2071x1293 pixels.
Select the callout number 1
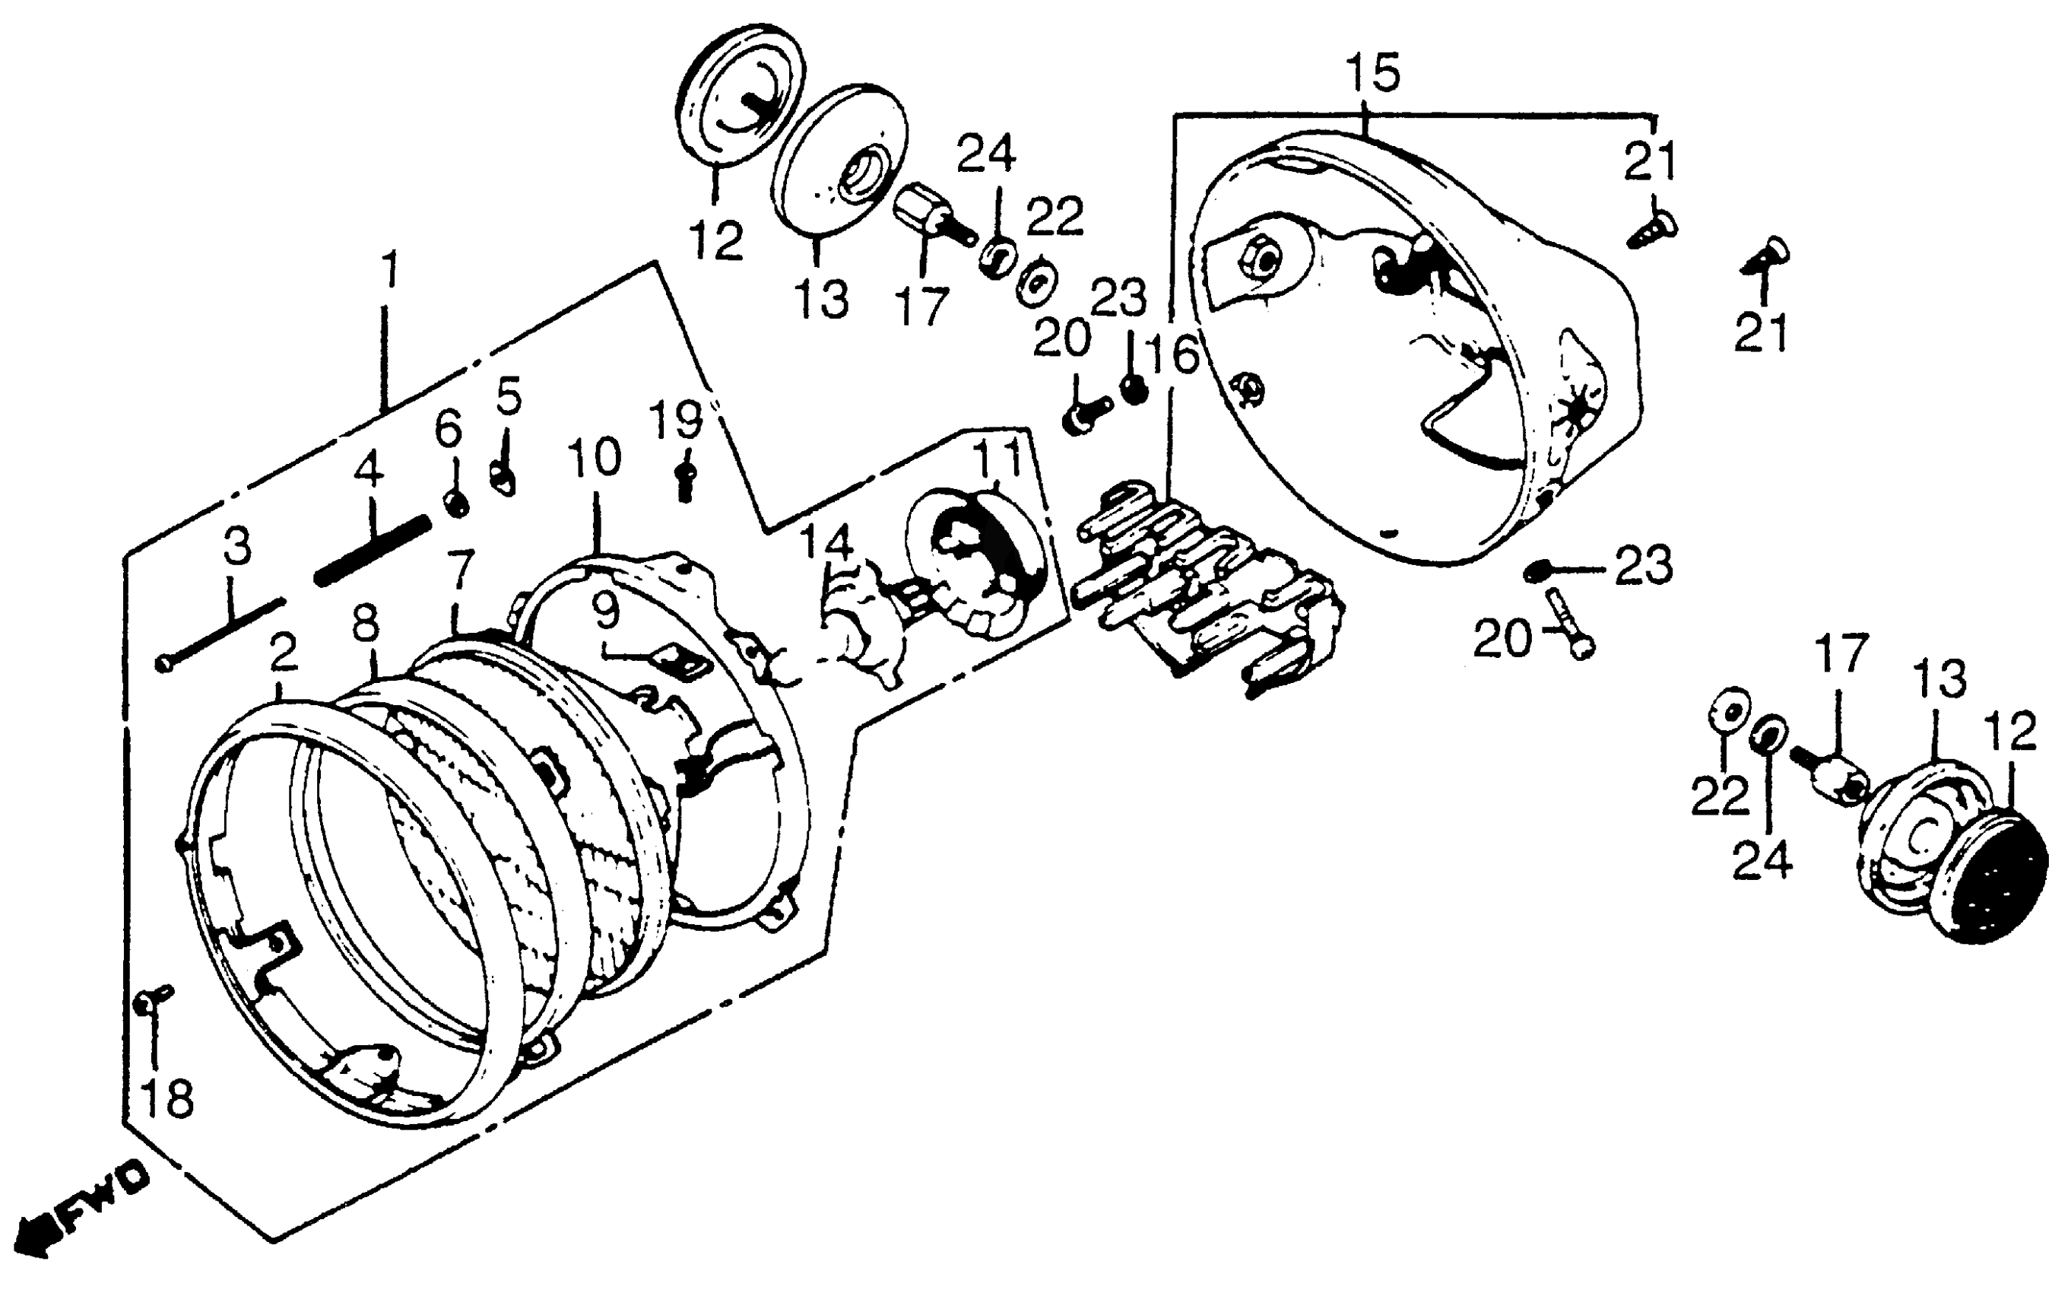point(389,269)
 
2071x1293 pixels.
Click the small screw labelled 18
point(154,997)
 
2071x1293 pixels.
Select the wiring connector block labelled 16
point(1205,590)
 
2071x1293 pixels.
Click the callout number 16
point(1174,355)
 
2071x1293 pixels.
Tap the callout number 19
point(675,421)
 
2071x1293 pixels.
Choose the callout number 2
point(283,653)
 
